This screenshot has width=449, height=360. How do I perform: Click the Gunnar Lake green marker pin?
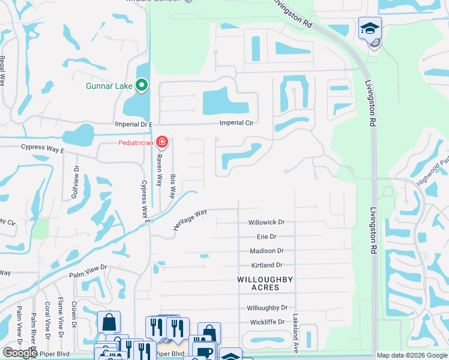coord(142,86)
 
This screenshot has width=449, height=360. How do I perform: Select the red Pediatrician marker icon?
coord(161,142)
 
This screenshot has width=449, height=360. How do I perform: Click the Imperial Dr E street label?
coord(134,124)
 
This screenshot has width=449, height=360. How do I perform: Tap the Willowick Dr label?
coord(267,222)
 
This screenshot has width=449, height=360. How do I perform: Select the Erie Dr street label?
coord(267,237)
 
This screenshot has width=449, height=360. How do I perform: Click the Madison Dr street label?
coord(267,251)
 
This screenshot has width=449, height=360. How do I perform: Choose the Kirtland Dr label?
coord(267,265)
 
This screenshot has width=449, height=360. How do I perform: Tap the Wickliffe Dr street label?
coord(267,322)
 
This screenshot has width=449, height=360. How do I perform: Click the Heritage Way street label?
coord(190,219)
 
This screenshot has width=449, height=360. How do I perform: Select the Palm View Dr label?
coord(88,271)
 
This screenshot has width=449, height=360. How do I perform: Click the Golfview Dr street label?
coord(76,182)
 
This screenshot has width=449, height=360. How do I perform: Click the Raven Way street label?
coord(160,170)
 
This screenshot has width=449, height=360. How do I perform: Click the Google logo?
coord(20,353)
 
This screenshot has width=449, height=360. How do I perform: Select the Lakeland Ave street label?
coord(295,328)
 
